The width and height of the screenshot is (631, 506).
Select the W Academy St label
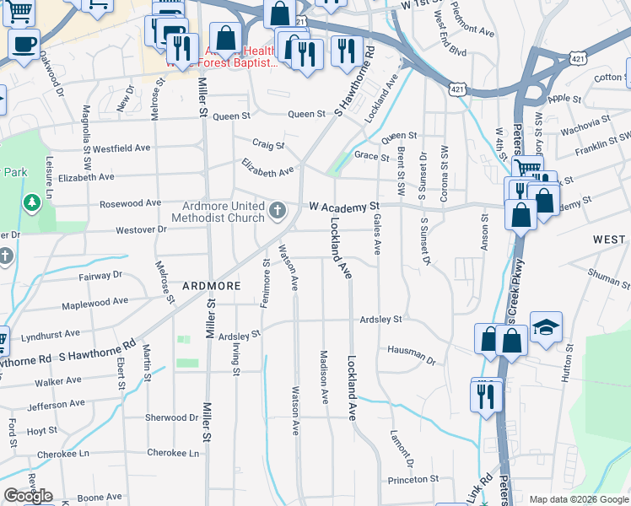(344, 206)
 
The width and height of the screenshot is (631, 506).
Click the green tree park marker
(31, 202)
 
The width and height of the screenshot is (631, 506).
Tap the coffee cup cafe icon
(24, 43)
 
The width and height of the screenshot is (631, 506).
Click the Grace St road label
(371, 156)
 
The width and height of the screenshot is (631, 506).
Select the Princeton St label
(413, 479)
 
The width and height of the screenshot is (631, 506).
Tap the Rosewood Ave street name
(130, 203)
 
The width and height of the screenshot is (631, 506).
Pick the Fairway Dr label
(100, 275)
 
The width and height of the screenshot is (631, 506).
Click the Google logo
(28, 496)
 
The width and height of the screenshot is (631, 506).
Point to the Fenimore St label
(265, 283)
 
